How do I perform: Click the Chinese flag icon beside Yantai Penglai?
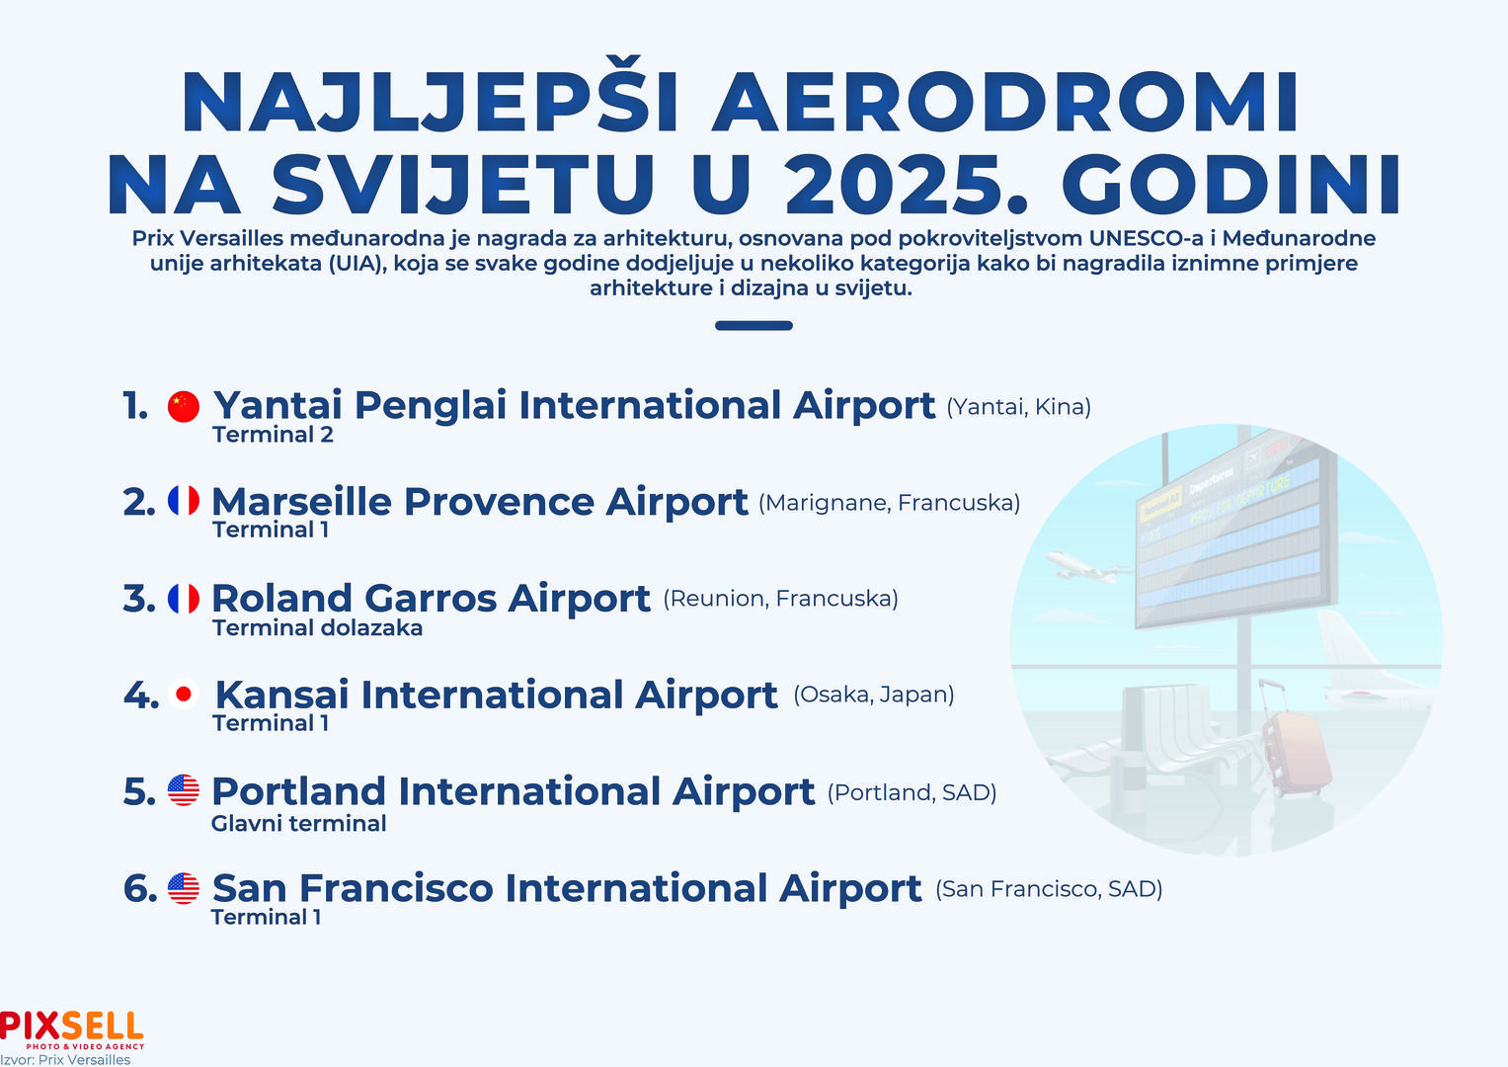[x=183, y=406]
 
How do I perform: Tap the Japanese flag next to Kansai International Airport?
[x=183, y=694]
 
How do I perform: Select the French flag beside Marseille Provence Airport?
[x=183, y=501]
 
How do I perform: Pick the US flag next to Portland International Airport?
[x=183, y=790]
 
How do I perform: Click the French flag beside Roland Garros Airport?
[x=183, y=598]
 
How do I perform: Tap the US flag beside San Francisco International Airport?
[x=183, y=888]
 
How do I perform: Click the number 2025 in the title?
[x=907, y=183]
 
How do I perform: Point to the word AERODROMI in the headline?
[x=1004, y=101]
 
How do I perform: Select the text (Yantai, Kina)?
[x=1018, y=407]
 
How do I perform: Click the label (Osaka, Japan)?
[x=874, y=695]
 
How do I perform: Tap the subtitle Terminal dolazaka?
[x=317, y=627]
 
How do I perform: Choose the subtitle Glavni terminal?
[x=298, y=824]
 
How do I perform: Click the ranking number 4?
[x=140, y=695]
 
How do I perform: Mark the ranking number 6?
[x=140, y=888]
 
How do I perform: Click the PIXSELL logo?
[x=71, y=1029]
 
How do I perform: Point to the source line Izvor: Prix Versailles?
[x=65, y=1059]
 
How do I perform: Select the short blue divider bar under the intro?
[x=754, y=325]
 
